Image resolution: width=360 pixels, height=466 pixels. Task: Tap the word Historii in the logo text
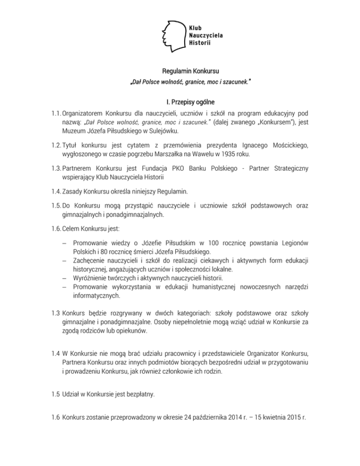[200, 43]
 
